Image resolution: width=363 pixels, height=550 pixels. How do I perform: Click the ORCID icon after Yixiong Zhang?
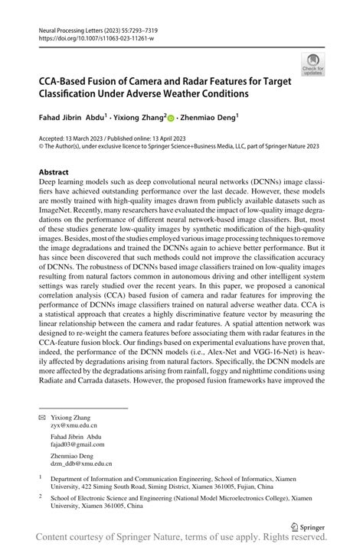[170, 119]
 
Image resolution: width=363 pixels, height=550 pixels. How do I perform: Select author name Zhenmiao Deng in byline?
[209, 119]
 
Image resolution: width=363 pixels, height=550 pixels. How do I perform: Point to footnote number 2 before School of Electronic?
[41, 495]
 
